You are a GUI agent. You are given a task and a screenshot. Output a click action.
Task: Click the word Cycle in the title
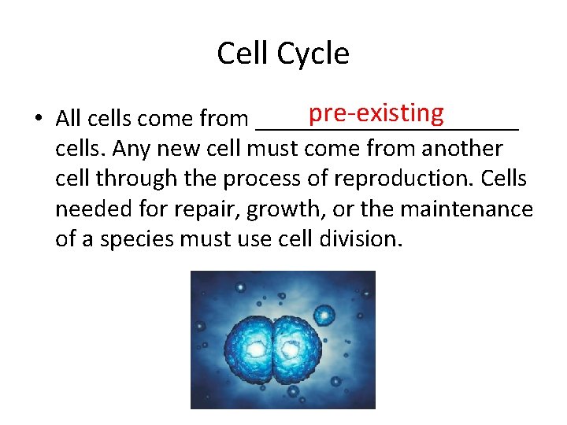click(312, 54)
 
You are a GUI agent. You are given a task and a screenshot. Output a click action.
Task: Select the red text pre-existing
click(376, 113)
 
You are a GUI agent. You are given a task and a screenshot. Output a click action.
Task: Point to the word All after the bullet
click(68, 119)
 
